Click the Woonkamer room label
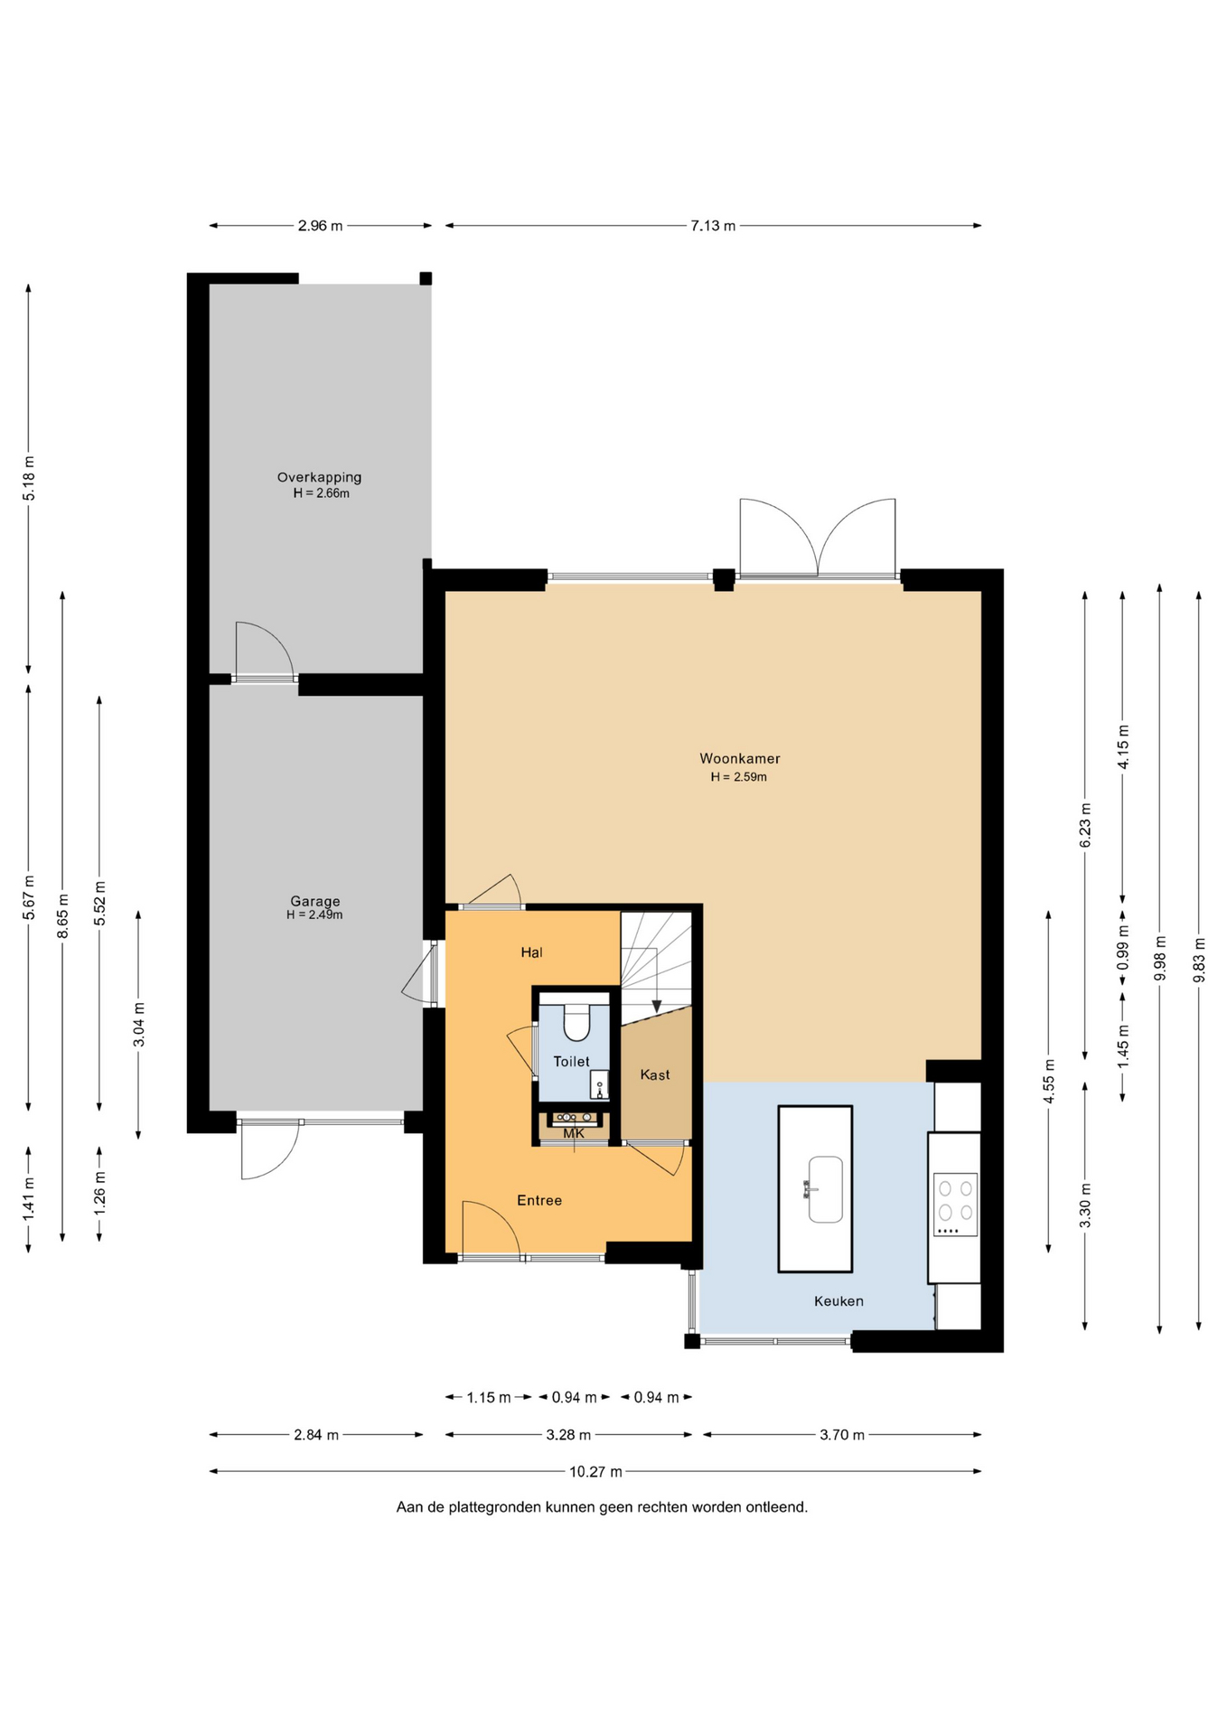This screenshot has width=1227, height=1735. coord(739,759)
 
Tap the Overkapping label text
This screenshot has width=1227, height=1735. coord(319,477)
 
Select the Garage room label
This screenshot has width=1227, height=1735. coord(314,901)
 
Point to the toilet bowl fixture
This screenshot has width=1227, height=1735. coord(576,1023)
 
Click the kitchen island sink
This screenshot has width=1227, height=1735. coord(824,1189)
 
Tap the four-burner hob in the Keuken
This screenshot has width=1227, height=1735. coord(955,1205)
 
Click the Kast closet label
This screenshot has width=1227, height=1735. coord(655,1074)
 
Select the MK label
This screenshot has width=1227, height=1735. coord(574,1133)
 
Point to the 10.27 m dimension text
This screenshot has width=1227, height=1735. coord(595,1472)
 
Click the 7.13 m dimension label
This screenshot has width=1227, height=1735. coord(713,226)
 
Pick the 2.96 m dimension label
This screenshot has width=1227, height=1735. coord(320,226)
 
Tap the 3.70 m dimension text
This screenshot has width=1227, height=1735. coord(842,1435)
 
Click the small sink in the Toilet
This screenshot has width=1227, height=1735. coord(599,1084)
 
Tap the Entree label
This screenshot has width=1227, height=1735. coord(539,1200)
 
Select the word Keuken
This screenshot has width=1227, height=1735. coord(838,1301)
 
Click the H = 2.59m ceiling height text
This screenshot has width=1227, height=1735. coord(738,777)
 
